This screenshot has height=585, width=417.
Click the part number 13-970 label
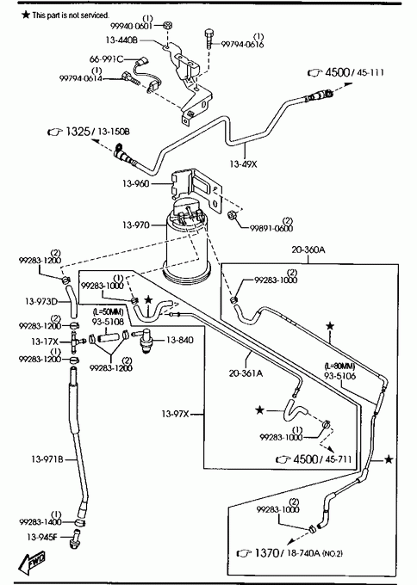pos(135,225)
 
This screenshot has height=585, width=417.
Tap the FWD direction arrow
pos(33,561)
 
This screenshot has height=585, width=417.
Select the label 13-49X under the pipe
pos(243,163)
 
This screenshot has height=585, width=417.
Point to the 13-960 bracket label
pos(135,183)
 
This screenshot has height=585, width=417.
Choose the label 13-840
pos(180,340)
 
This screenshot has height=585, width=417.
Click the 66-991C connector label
pos(106,59)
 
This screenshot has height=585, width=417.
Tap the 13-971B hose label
pos(47,459)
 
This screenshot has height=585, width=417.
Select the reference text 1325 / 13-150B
pos(98,132)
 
